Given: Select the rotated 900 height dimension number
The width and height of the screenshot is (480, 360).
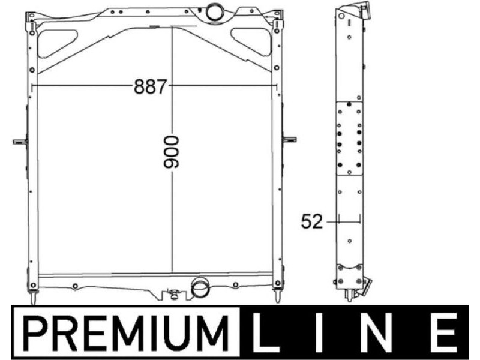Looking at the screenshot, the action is tap(171, 152).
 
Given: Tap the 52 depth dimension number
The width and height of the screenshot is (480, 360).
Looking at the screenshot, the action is tap(311, 221).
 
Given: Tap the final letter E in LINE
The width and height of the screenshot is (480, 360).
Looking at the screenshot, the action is tap(445, 332).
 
